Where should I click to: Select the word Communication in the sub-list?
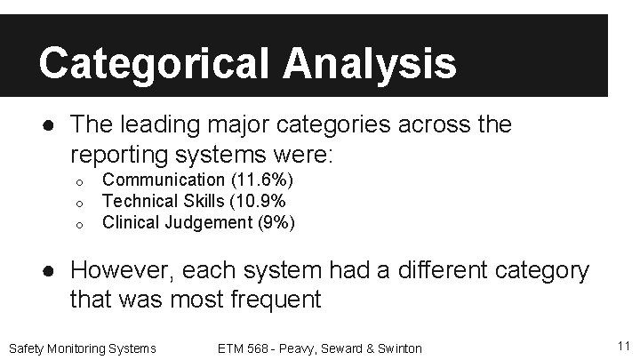tap(164, 180)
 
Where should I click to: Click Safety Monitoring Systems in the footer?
tap(81, 348)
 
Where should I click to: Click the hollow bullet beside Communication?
tap(78, 182)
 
